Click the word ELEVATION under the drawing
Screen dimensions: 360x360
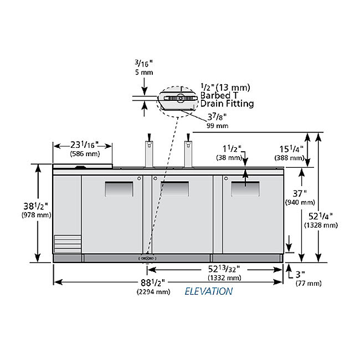coord(209,291)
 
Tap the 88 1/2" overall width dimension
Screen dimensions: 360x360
coord(153,282)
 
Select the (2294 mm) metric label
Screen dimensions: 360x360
coord(153,292)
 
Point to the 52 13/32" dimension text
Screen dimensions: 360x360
coord(224,269)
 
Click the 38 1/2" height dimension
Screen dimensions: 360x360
coord(35,206)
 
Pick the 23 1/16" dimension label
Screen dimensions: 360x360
coord(84,145)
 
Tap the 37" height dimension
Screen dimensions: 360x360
coord(300,193)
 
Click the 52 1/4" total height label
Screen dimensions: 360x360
coord(321,216)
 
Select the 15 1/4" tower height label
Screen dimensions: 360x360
coord(291,149)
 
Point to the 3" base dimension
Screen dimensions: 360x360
coord(300,274)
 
